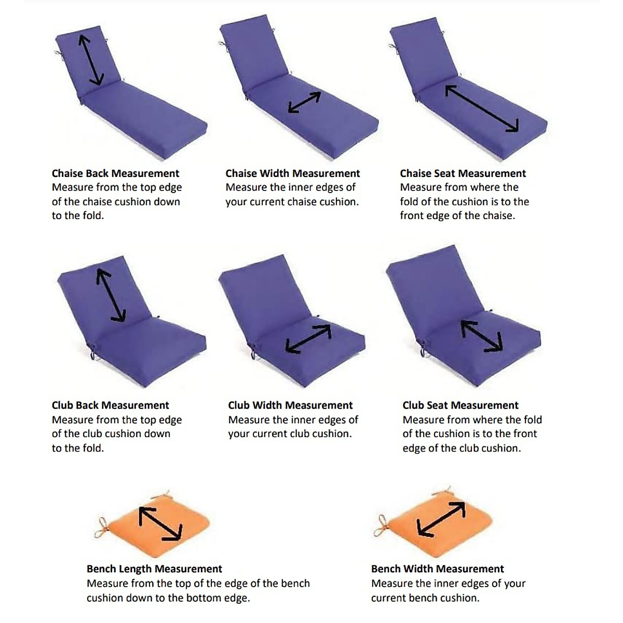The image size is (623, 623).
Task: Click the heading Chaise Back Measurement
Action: pos(115,173)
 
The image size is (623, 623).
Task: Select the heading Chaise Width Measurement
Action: pos(292,173)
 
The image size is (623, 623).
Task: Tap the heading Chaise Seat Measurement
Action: pos(463,173)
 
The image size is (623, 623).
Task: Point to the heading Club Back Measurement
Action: pos(110,405)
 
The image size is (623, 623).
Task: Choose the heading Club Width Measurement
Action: pos(290,405)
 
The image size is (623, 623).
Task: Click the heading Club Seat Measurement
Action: pos(460,405)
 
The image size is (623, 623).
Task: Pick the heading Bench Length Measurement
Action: pos(154,569)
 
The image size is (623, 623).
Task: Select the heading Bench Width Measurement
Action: pos(437,569)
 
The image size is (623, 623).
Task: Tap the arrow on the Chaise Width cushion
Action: pos(304,102)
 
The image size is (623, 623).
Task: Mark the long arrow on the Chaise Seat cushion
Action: pos(482,108)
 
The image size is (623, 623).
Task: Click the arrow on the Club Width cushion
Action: pos(308,339)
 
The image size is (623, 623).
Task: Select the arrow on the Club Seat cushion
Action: pos(482,336)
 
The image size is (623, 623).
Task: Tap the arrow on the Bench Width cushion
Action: pos(441,519)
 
